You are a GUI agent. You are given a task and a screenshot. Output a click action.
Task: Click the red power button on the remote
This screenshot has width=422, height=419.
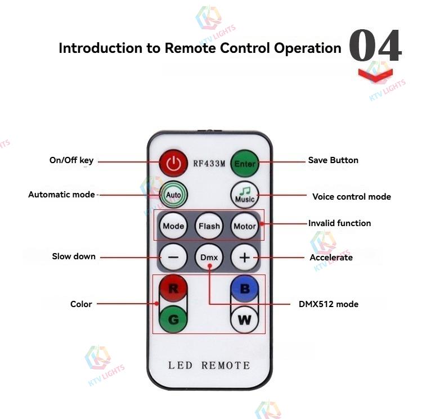174,164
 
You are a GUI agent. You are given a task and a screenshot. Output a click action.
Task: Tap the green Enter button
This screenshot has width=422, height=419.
245,164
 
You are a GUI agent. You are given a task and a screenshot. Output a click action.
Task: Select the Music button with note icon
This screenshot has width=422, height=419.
245,195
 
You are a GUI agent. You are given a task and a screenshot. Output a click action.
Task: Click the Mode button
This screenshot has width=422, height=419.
173,226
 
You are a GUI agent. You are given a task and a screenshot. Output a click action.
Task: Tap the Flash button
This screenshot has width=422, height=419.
209,226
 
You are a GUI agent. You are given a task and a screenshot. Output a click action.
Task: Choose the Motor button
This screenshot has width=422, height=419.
245,226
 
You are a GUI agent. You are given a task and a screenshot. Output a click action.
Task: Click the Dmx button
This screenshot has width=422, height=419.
209,258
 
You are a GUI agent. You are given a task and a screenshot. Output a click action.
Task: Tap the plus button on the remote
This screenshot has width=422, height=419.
245,258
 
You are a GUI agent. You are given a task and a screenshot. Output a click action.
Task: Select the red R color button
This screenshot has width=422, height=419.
173,289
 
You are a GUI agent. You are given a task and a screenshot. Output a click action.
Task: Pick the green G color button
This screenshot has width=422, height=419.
173,319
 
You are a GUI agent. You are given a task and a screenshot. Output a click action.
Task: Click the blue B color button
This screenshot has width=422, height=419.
245,289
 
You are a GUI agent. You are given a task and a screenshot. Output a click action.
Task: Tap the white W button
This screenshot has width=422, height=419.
245,320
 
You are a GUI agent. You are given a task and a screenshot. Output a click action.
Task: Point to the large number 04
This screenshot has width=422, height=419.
375,47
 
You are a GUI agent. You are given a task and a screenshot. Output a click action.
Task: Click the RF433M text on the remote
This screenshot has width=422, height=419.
209,164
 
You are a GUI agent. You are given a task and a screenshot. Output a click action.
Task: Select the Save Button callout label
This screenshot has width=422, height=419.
333,160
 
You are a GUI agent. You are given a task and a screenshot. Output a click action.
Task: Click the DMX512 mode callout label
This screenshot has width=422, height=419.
328,304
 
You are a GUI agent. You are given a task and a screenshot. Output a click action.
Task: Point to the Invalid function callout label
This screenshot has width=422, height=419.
339,223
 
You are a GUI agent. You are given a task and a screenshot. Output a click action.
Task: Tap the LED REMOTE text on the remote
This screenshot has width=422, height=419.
209,366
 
